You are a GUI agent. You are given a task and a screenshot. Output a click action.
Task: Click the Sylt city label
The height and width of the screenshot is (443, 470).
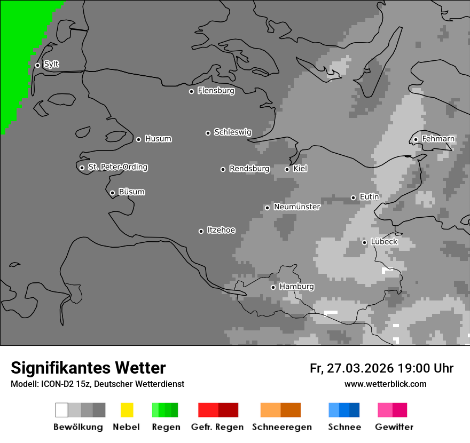click(51, 64)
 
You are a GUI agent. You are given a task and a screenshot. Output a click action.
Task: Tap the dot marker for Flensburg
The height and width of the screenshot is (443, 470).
click(191, 91)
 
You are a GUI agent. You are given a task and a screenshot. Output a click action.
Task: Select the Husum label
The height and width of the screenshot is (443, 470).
click(158, 139)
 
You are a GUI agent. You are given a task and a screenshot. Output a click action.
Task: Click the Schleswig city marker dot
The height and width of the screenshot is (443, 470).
click(208, 133)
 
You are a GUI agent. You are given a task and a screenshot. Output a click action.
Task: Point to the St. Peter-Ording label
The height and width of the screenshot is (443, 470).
click(117, 167)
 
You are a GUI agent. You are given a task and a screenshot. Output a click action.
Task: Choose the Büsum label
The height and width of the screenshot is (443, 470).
click(131, 192)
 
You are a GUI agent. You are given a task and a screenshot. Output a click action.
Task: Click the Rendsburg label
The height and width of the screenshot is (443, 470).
click(249, 169)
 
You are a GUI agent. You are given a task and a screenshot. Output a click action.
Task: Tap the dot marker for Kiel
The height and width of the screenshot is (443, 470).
click(287, 169)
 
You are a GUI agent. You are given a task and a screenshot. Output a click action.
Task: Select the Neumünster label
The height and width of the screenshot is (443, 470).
click(297, 207)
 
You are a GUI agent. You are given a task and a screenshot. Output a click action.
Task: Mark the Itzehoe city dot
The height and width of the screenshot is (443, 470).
click(201, 231)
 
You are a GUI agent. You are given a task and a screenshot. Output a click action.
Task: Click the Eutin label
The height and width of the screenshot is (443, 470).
click(369, 197)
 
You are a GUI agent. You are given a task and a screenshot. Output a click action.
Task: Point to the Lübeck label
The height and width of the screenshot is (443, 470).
click(384, 242)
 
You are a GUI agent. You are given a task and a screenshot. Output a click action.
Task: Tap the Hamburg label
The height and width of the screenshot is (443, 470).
click(296, 287)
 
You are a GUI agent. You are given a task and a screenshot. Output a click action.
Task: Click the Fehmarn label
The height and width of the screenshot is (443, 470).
click(438, 139)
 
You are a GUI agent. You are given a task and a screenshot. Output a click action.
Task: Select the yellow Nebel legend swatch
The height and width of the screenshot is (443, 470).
click(127, 410)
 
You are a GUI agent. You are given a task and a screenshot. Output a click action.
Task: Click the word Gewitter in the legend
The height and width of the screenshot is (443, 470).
click(394, 427)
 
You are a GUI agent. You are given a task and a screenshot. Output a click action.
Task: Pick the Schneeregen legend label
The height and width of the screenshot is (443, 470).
click(282, 427)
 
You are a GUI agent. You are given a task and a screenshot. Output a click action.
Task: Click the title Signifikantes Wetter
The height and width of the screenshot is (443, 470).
click(88, 368)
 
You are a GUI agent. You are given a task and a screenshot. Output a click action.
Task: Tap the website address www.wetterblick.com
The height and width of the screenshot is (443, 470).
click(385, 384)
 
